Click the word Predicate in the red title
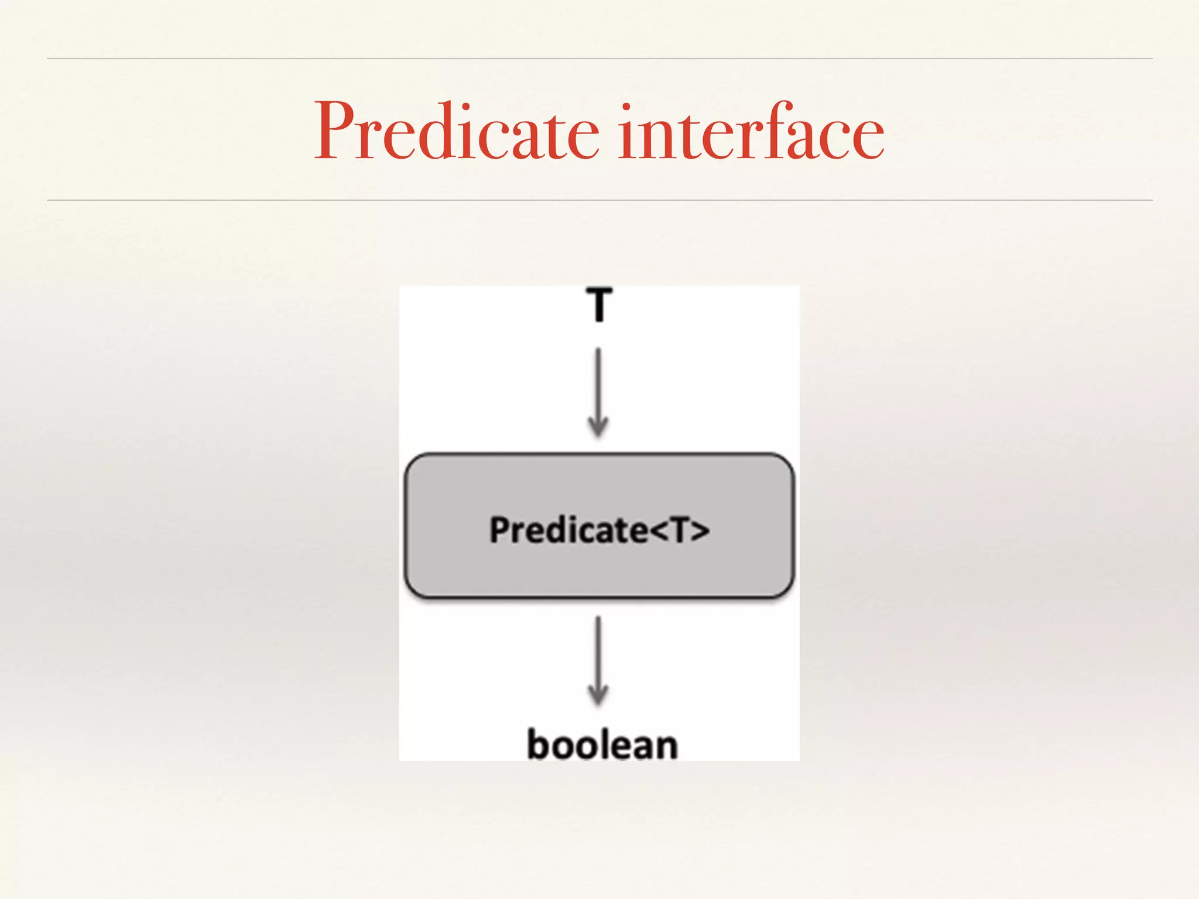[457, 132]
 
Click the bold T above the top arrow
[599, 304]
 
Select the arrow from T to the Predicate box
[598, 389]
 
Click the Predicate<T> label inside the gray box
[599, 530]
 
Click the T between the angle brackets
[679, 530]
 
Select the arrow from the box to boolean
[598, 658]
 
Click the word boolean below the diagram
[602, 744]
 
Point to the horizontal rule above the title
[599, 59]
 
